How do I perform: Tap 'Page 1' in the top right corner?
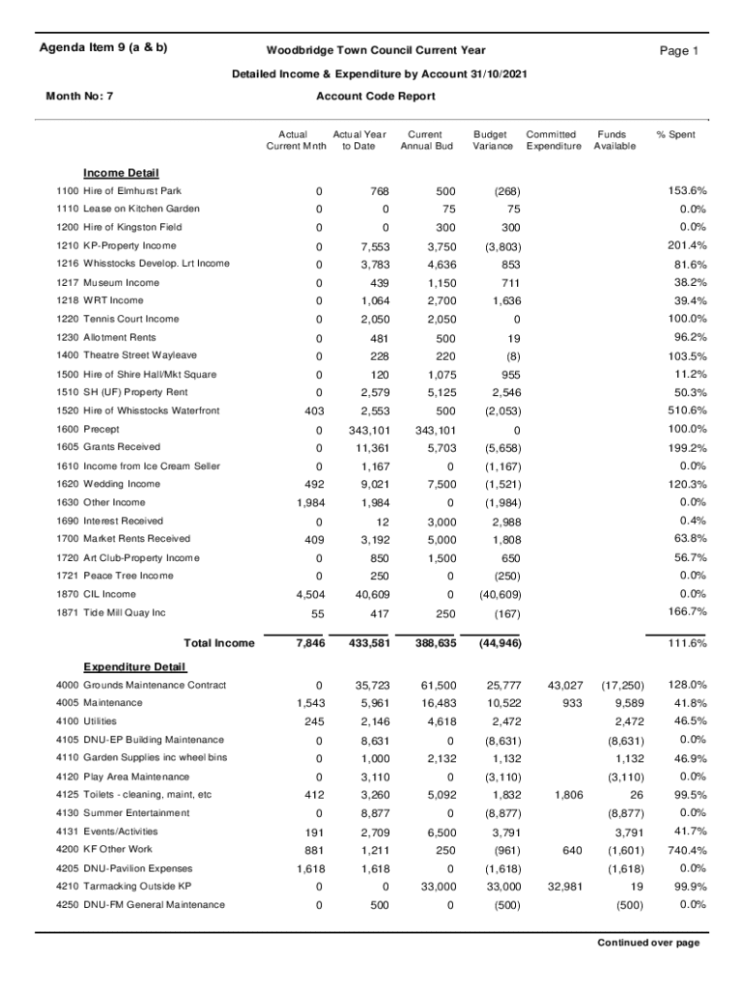point(678,51)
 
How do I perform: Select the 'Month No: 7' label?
point(80,96)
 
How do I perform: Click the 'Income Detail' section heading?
point(121,173)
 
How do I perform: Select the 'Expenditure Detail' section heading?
point(134,667)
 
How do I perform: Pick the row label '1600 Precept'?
point(88,429)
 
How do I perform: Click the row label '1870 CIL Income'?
point(96,594)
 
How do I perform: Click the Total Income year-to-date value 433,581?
point(361,643)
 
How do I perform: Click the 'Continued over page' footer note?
point(647,943)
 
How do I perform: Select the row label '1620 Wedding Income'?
point(108,484)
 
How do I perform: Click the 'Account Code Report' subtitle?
point(375,96)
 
